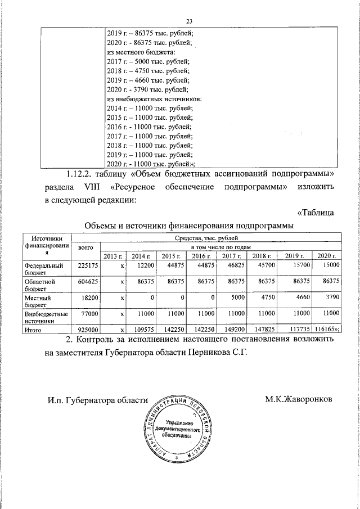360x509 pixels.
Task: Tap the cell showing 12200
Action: point(143,265)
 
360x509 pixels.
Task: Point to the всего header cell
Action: point(85,247)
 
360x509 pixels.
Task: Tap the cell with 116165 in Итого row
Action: point(325,331)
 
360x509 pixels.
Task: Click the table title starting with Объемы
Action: point(188,226)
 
